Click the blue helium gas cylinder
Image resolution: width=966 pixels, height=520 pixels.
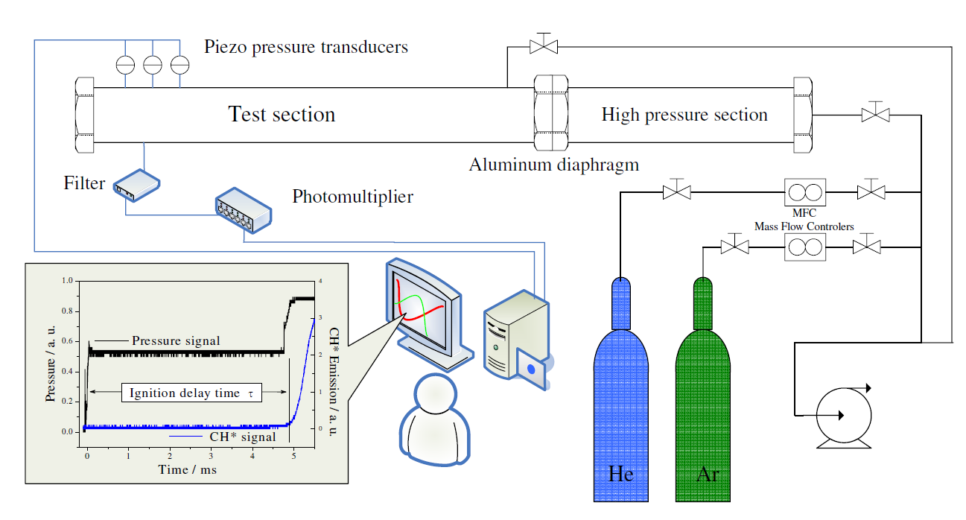(x=620, y=402)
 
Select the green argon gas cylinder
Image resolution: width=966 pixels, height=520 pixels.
(x=702, y=402)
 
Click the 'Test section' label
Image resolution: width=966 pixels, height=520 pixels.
(x=282, y=115)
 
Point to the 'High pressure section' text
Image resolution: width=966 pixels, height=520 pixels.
(x=684, y=115)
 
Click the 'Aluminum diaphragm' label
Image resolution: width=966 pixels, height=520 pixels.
(x=553, y=165)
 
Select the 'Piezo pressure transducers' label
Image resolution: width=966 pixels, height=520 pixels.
(x=306, y=47)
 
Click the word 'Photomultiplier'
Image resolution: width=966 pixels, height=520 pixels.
(x=352, y=197)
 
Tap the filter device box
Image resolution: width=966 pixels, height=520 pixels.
(x=137, y=184)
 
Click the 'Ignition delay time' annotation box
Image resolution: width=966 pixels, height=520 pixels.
(x=192, y=393)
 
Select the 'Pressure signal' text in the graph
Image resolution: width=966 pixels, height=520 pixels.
(x=176, y=340)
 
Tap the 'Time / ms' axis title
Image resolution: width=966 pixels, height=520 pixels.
(x=187, y=469)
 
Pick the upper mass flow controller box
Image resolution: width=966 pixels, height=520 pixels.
(x=806, y=192)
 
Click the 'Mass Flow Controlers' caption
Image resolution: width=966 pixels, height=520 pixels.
(x=804, y=226)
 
